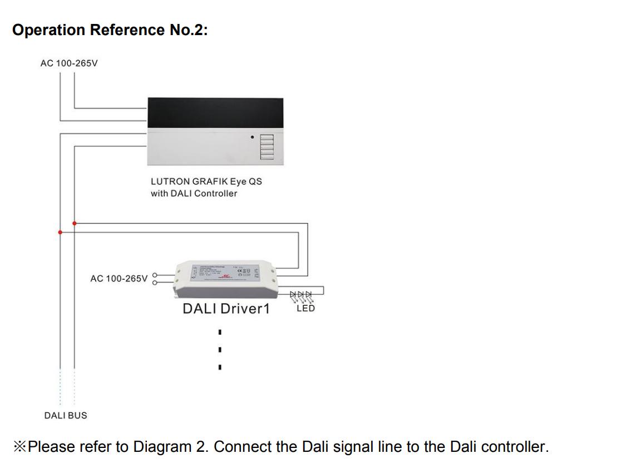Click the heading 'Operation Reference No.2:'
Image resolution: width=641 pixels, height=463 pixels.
click(110, 30)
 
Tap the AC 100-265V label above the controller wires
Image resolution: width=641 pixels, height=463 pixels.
click(69, 63)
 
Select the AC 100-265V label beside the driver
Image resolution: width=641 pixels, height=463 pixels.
click(119, 278)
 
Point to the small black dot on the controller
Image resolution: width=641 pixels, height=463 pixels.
click(252, 137)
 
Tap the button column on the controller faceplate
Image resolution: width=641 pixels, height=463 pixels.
click(267, 146)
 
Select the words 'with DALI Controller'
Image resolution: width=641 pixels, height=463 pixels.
click(194, 193)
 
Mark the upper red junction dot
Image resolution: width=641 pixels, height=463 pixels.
click(75, 223)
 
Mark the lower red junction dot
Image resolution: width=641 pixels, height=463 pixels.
click(60, 232)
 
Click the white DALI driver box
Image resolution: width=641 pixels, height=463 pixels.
click(225, 277)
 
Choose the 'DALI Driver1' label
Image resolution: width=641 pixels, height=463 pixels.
click(225, 308)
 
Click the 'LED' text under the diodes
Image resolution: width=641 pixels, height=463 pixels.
click(305, 308)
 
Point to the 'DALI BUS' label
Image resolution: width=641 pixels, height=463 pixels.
click(66, 416)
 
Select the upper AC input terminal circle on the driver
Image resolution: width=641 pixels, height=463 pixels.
click(155, 274)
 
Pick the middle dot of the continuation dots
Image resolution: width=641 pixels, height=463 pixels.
click(220, 350)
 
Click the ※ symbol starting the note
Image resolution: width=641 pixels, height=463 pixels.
click(20, 447)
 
